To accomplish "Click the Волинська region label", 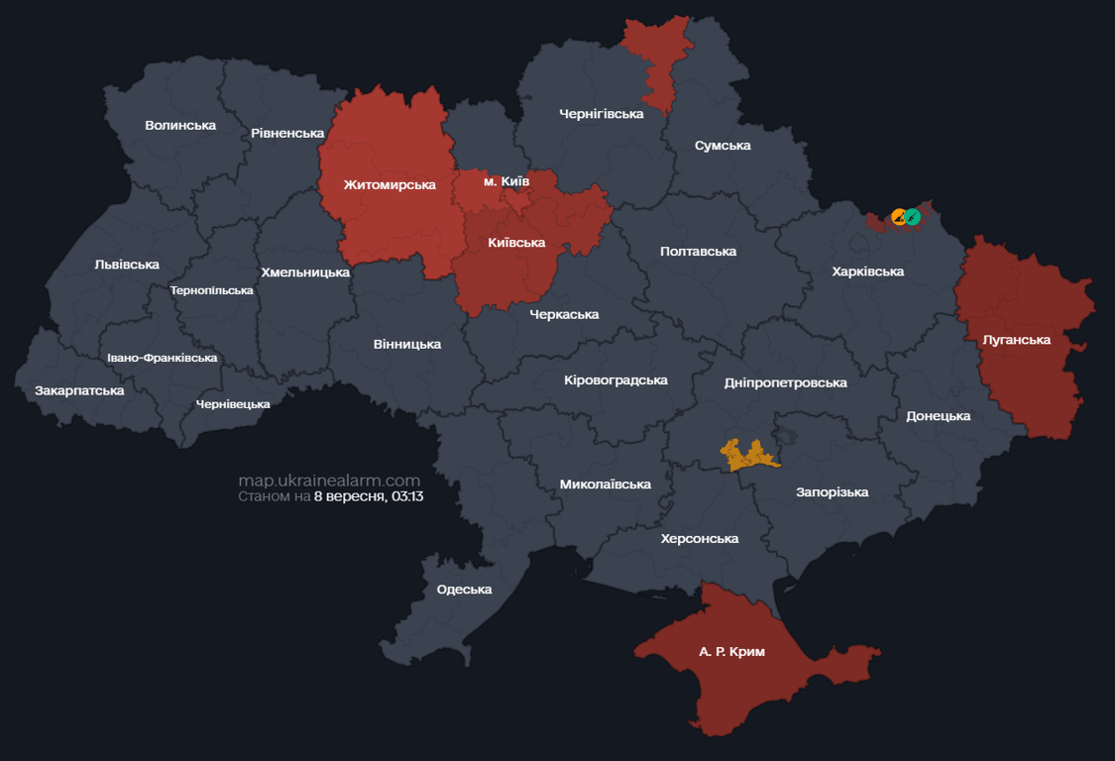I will [x=180, y=126].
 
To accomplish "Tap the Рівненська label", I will [x=287, y=133].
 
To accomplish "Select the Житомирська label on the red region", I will [x=390, y=185].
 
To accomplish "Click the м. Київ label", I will [x=505, y=181].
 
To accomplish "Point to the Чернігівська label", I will [x=601, y=114].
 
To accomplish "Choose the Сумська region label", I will [x=723, y=146].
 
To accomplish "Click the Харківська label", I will [x=868, y=272].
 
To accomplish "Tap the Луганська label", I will [x=1016, y=340].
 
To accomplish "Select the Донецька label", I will [x=938, y=416].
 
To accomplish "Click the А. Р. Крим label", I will [x=731, y=652].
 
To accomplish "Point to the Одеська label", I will [x=464, y=590].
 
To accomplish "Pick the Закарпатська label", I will [x=79, y=390].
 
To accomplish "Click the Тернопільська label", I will [x=211, y=290].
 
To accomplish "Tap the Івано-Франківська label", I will [x=162, y=358].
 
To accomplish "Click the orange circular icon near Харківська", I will [x=899, y=217].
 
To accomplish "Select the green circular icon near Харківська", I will [x=913, y=217].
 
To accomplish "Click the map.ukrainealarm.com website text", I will [x=329, y=481].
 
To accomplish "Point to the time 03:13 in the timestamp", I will [x=406, y=496].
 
